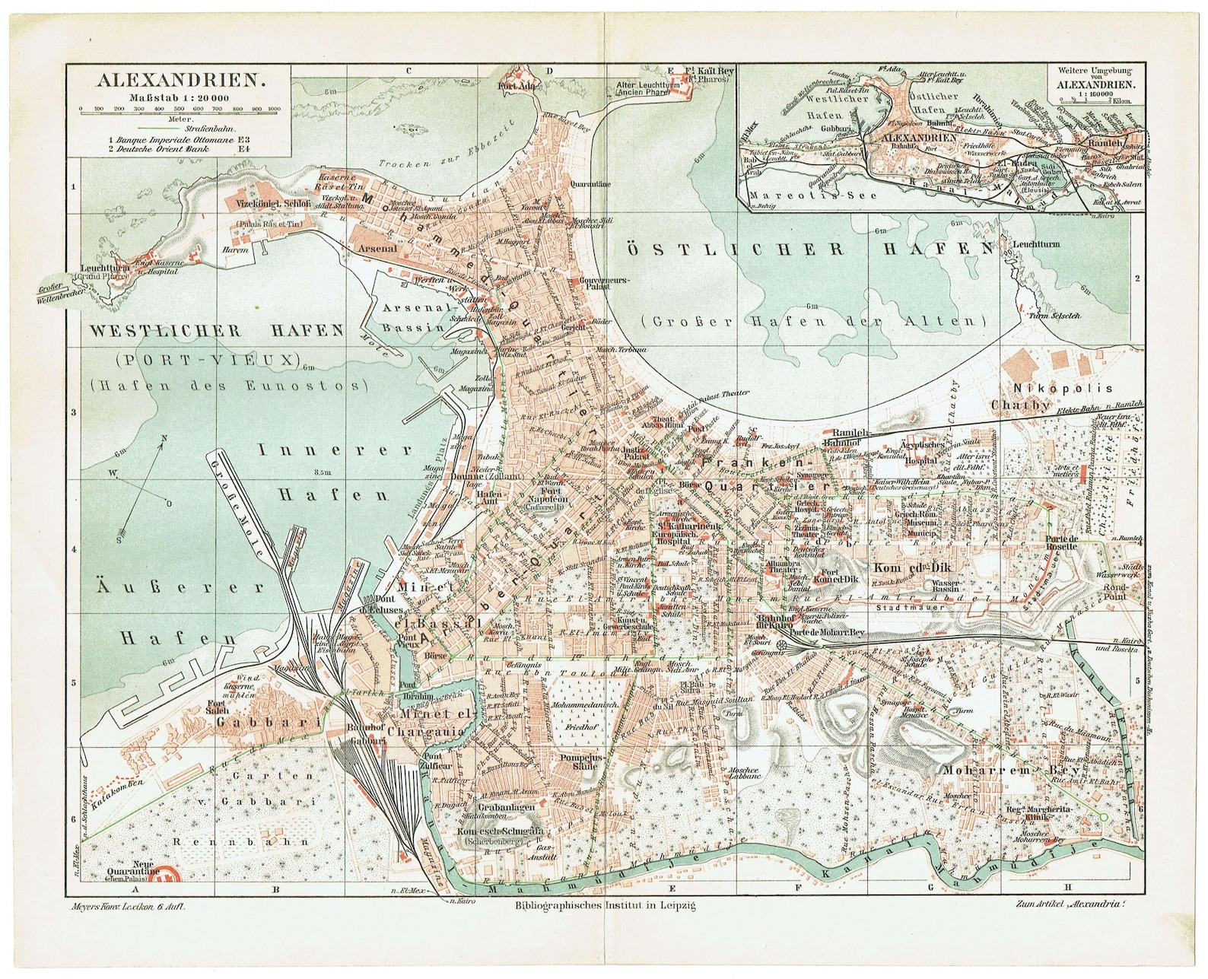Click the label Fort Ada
point(514,86)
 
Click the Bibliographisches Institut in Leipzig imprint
point(605,905)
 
